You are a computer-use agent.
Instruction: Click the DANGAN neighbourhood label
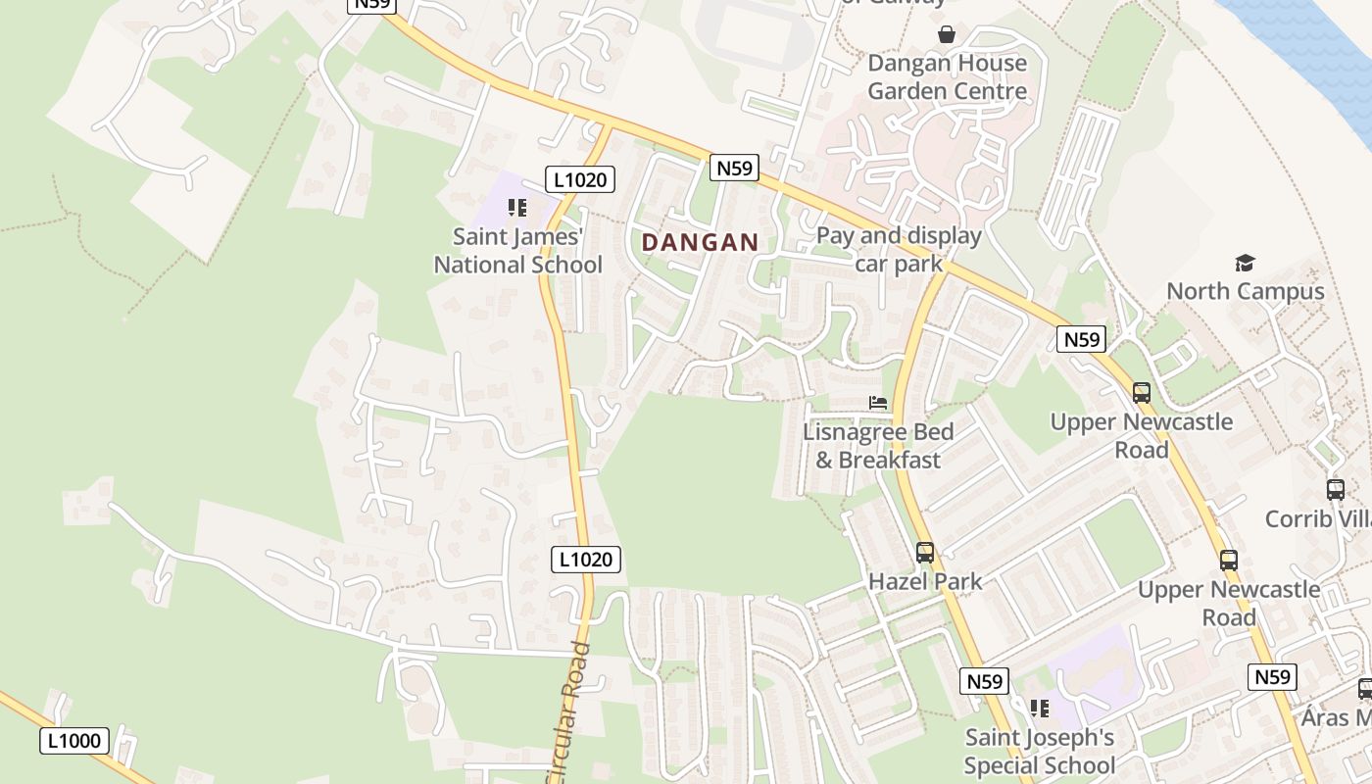700,242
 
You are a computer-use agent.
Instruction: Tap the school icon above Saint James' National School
517,208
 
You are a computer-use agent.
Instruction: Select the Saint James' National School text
517,251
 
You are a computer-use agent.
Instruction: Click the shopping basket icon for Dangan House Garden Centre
947,34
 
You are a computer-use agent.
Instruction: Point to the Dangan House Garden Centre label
947,77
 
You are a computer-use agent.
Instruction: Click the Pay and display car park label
899,249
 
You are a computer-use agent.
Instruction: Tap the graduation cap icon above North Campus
1245,263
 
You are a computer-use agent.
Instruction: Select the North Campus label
1245,291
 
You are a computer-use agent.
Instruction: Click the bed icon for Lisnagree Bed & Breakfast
878,403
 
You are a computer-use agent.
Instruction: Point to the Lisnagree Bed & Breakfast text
878,446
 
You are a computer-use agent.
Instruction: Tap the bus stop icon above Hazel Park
925,553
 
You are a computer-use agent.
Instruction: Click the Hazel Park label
925,581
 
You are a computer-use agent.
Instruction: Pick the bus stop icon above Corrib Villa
1335,490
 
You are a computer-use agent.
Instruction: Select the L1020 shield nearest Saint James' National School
580,179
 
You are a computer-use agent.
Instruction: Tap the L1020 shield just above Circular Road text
586,560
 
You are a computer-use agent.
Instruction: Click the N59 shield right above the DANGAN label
734,169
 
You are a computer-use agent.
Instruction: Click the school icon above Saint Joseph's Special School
1039,709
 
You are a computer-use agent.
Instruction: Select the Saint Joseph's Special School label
1039,751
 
